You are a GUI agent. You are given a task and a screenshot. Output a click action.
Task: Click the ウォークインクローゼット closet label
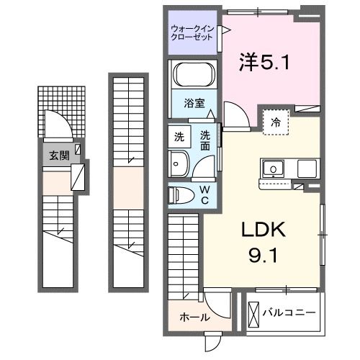pyautogui.click(x=192, y=33)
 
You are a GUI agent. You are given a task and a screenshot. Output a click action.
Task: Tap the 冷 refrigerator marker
pyautogui.click(x=276, y=123)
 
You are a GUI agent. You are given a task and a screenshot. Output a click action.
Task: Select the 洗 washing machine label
pyautogui.click(x=178, y=135)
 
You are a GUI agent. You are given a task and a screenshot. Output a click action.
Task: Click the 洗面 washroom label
pyautogui.click(x=206, y=138)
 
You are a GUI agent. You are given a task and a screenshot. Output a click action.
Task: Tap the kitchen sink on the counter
pyautogui.click(x=274, y=169)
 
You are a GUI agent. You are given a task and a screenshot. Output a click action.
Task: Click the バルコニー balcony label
pyautogui.click(x=288, y=313)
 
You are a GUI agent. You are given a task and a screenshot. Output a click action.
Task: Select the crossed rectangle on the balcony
pyautogui.click(x=253, y=313)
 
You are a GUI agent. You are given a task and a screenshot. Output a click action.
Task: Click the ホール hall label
pyautogui.click(x=194, y=317)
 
